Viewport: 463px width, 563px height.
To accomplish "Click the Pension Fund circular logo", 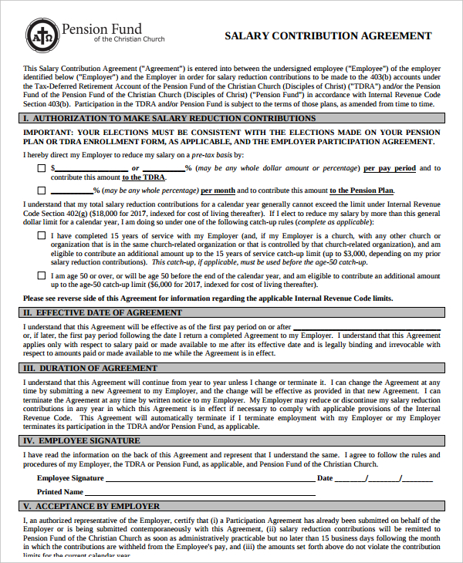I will coord(40,34).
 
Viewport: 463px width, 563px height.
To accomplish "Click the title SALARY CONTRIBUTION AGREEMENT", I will coord(328,35).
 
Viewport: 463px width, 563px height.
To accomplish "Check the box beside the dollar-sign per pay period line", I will coord(41,167).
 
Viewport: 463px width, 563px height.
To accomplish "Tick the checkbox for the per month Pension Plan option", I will coord(41,190).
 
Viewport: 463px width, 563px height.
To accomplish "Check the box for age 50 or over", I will coord(41,275).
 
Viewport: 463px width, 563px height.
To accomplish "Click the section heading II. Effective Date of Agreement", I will coord(103,312).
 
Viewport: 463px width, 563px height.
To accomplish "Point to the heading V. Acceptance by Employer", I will coord(92,506).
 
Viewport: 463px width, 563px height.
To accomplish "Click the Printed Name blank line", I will coord(201,494).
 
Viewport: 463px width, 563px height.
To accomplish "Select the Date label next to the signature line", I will coord(324,478).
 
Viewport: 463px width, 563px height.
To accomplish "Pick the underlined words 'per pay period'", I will coord(390,167).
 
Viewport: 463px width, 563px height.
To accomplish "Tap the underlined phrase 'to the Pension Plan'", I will coord(362,190).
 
